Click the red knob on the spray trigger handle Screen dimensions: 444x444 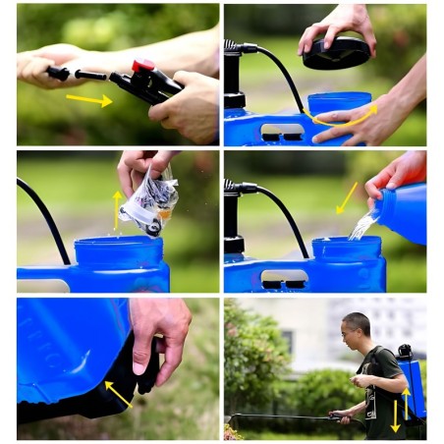pyautogui.click(x=143, y=67)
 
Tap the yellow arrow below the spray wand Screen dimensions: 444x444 pyautogui.click(x=89, y=99)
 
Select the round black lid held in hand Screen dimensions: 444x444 pyautogui.click(x=336, y=53)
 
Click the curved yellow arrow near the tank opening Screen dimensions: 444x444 pyautogui.click(x=345, y=118)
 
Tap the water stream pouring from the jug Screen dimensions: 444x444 pyautogui.click(x=361, y=227)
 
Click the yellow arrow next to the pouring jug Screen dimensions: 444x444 pyautogui.click(x=346, y=197)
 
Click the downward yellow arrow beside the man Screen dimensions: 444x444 pyautogui.click(x=396, y=416)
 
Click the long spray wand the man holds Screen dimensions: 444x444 pyautogui.click(x=285, y=416)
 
